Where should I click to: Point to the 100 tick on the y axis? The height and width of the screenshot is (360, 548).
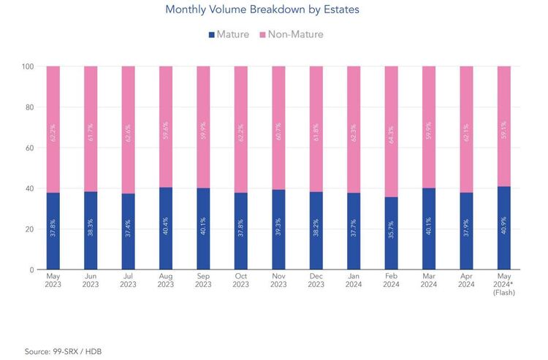pos(28,66)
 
